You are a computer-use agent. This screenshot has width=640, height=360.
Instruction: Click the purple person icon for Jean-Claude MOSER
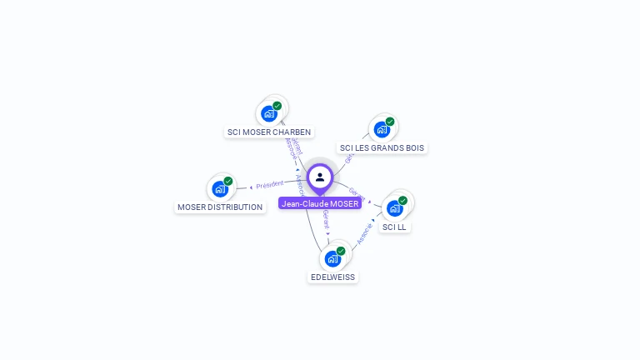coord(320,177)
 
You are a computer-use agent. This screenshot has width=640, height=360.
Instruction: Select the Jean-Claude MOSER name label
coord(320,203)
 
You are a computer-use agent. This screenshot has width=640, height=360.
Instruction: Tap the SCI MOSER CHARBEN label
coord(269,132)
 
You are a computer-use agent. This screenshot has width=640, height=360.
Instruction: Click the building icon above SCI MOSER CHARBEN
coord(268,113)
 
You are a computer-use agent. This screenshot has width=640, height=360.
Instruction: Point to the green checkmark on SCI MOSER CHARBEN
coord(277,106)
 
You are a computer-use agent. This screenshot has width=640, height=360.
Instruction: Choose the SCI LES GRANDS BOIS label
coord(382,148)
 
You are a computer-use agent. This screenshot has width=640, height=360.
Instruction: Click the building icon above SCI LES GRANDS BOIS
coord(381,129)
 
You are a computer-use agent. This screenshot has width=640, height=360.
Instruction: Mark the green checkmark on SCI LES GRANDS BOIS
coord(390,122)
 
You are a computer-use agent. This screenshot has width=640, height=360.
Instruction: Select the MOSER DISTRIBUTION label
coord(220,207)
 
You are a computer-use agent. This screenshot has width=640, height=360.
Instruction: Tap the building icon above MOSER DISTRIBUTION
coord(219,188)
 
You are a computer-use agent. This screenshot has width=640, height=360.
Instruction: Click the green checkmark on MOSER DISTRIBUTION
coord(228,181)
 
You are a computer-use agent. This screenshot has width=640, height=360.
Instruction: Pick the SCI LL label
coord(395,227)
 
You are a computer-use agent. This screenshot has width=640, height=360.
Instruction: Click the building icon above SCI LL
coord(394,207)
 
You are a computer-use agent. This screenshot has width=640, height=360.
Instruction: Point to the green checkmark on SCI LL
coord(403,200)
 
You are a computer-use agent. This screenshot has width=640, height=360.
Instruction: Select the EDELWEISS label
coord(332,277)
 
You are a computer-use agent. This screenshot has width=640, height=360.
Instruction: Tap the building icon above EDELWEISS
coord(332,258)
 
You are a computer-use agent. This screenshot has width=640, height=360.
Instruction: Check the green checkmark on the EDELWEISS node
coord(341,251)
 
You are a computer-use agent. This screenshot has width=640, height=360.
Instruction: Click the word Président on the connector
coord(269,184)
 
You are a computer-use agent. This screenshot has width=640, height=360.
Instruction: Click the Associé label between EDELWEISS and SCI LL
coord(365,232)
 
